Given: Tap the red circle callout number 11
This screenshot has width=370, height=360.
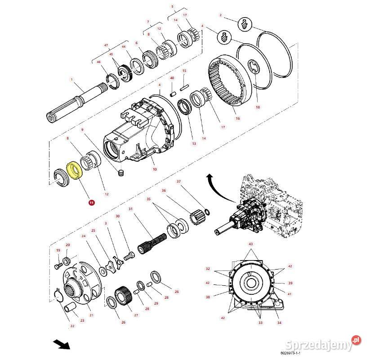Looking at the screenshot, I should coord(92,203).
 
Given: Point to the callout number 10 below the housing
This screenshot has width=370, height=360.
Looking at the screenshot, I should coord(155,169).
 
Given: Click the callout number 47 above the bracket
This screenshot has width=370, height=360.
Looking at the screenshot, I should coord(106,45).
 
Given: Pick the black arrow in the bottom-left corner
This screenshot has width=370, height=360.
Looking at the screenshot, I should coord(62,345).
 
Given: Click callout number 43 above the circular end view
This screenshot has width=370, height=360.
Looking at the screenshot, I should coord(251,244).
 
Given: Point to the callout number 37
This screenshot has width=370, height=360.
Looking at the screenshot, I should coord(178,182).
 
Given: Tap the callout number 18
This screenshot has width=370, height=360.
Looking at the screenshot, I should coord(258,108).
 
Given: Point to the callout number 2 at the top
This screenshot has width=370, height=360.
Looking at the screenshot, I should coord(221,16).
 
